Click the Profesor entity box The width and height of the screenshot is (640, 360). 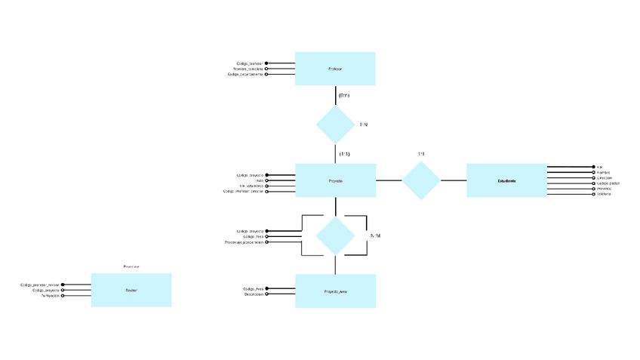click(x=335, y=69)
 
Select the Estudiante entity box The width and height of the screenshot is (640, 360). click(x=506, y=180)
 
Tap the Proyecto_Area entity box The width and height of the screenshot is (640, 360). click(x=335, y=291)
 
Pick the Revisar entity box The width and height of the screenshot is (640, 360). click(x=131, y=290)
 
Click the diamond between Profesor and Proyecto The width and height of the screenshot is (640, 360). click(x=335, y=125)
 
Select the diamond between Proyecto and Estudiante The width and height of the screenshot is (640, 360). click(x=420, y=180)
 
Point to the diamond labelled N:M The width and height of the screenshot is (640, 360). click(x=335, y=235)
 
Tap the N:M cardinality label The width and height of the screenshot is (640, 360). click(x=375, y=235)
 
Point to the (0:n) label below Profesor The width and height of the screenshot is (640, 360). click(x=344, y=96)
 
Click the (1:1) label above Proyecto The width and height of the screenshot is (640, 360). click(x=344, y=154)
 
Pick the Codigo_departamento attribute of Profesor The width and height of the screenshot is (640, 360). click(x=245, y=75)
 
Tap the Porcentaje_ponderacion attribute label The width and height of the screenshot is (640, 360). click(x=244, y=242)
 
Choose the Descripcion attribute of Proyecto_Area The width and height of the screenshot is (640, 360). click(x=253, y=295)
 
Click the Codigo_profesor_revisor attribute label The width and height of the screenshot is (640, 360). click(x=40, y=285)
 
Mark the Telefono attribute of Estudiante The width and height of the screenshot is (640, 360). click(x=604, y=195)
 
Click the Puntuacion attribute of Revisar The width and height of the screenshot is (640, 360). click(x=47, y=296)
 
